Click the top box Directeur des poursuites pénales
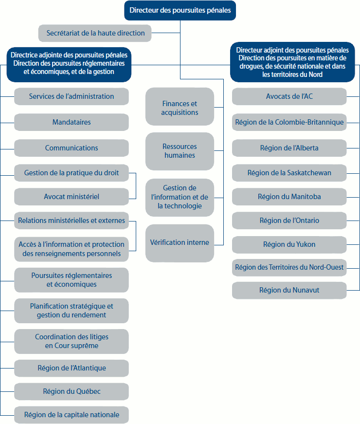[180, 10]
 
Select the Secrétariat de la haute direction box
[95, 33]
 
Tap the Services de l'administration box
[72, 96]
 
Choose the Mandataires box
[72, 122]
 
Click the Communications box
[72, 148]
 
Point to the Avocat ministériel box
[72, 197]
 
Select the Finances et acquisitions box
[180, 108]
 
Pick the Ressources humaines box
[180, 151]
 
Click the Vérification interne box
[180, 242]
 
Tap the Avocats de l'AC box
[289, 96]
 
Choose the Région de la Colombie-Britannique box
[289, 122]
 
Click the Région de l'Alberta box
[289, 148]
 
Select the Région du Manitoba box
[289, 197]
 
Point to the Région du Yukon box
[289, 244]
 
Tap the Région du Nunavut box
[289, 290]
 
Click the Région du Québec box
[72, 391]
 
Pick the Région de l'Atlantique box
[72, 368]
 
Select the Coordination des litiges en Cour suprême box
[72, 341]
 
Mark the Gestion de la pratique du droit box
[72, 172]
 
